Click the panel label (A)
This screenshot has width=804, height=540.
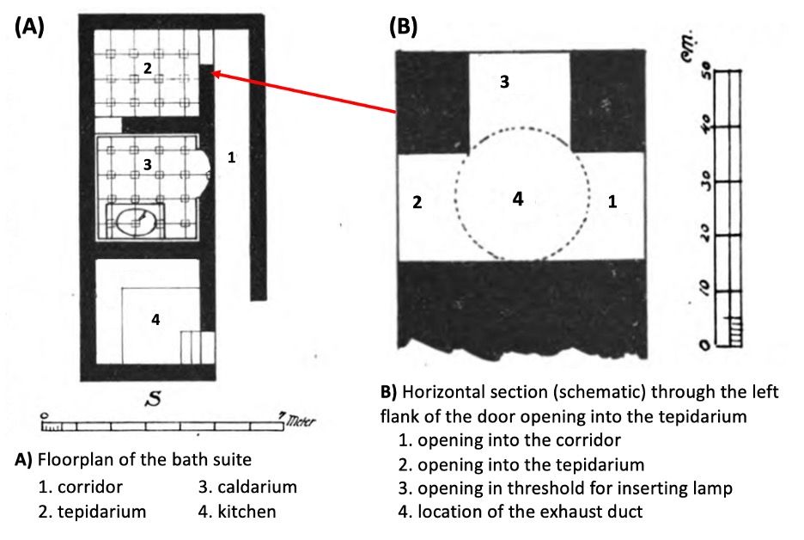30,26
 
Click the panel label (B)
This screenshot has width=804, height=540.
403,26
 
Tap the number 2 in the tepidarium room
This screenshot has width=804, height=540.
148,69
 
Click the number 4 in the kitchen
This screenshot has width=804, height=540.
155,319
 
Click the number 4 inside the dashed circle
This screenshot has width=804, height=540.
517,199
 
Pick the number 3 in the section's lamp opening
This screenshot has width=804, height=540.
504,82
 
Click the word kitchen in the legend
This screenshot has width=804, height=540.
247,512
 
